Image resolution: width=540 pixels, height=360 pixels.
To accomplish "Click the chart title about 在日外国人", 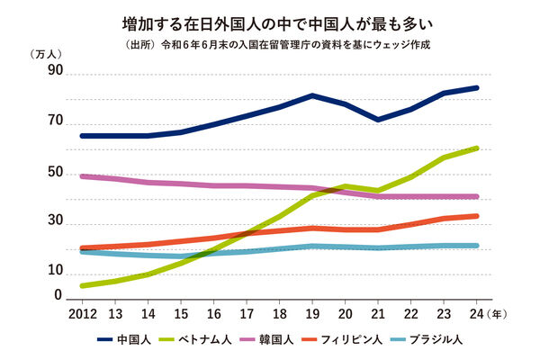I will [270, 20].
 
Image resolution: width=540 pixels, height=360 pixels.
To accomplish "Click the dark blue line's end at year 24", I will [477, 88].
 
